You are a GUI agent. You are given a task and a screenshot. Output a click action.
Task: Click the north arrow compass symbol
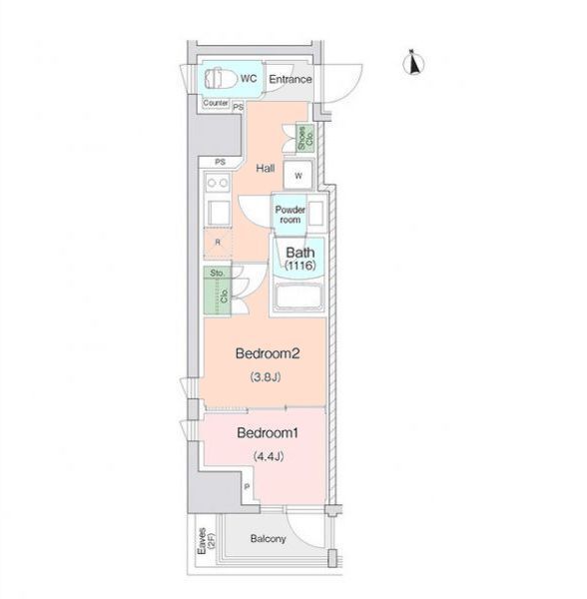pos(413,62)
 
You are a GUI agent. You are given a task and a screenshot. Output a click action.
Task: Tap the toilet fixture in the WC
pos(220,78)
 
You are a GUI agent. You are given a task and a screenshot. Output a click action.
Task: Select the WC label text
pos(249,79)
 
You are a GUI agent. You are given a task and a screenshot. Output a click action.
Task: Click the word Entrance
pos(291,79)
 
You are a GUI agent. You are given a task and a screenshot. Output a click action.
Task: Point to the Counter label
pos(216,103)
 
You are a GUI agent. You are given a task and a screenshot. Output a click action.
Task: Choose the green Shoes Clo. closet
pos(305,138)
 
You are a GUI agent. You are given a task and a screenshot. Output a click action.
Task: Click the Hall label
pos(266,168)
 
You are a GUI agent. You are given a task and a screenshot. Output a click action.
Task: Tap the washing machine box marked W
pos(298,175)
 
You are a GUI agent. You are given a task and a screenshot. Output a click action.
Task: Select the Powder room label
pos(291,215)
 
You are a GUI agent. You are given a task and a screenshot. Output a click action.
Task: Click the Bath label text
pos(300,253)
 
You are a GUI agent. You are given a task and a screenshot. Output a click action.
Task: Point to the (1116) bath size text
pos(300,266)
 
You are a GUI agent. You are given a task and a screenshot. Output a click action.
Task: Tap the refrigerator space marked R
pos(218,243)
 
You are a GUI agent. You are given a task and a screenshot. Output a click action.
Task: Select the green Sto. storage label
pos(217,273)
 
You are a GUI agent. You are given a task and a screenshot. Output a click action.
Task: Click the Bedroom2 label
pos(268,353)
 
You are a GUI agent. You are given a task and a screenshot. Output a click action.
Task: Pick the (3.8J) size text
pos(266,377)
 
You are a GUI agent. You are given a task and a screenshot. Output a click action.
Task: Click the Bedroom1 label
pos(268,433)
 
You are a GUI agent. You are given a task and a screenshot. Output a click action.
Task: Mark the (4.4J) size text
pos(269,456)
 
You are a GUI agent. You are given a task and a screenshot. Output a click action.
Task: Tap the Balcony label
pos(269,539)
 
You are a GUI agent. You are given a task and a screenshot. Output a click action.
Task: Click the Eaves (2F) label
pos(207,541)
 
